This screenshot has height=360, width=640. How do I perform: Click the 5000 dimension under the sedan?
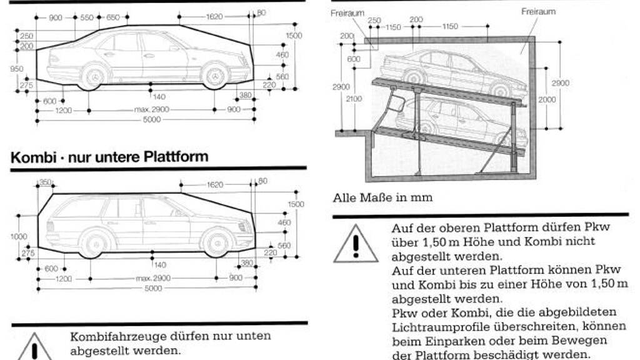tap(152, 120)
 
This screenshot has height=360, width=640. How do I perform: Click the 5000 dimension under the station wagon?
tap(152, 289)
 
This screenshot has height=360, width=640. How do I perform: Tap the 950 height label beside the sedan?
tap(17, 69)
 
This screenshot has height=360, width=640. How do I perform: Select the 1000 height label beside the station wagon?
tap(19, 237)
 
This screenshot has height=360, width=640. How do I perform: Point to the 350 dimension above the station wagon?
tap(45, 182)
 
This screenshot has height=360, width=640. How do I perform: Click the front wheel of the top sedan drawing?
tap(214, 75)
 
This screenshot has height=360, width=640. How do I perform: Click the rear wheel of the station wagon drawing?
tap(96, 242)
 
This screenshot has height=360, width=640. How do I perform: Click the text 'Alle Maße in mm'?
tap(382, 197)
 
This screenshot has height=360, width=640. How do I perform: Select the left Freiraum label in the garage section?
tap(347, 12)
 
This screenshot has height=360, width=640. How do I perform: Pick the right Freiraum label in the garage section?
tap(538, 11)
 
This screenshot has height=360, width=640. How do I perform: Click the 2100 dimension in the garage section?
tap(354, 98)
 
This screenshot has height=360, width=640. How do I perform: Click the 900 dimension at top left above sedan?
tap(55, 17)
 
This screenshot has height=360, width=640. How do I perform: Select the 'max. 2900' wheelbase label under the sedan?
tap(152, 110)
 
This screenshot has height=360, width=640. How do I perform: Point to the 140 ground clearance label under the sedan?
tap(159, 97)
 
